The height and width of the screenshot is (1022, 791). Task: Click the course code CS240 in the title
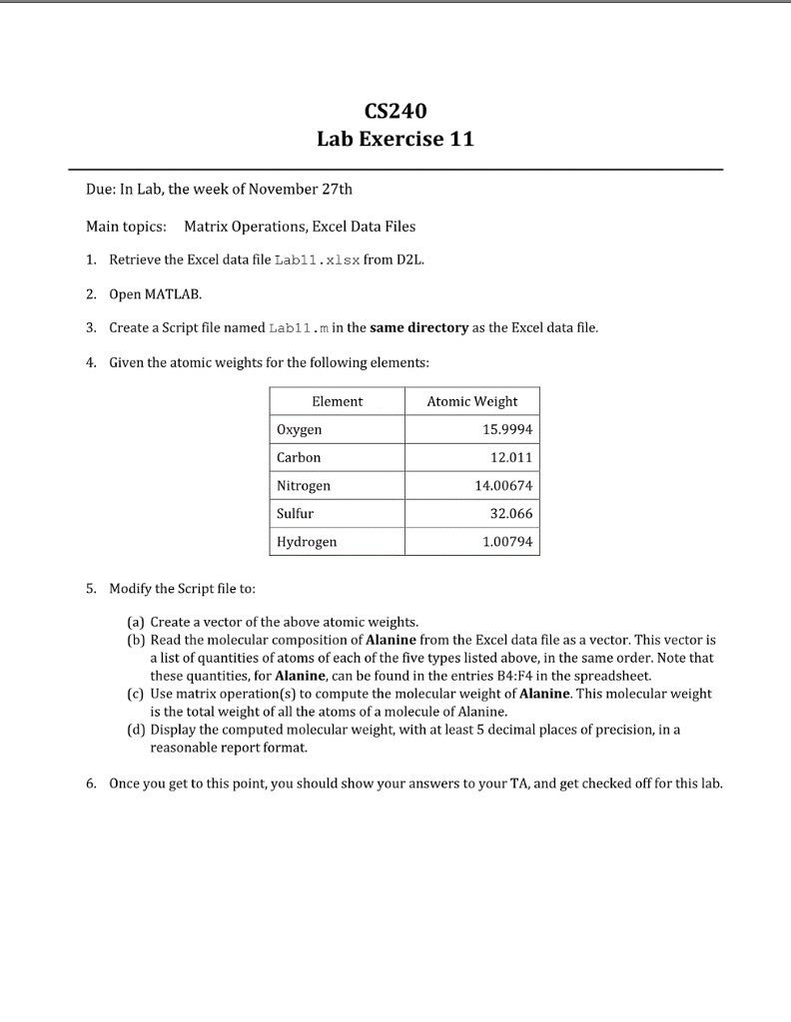coord(395,109)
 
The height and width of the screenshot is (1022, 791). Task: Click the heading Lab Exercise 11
coord(395,139)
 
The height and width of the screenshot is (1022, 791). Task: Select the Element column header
coord(338,401)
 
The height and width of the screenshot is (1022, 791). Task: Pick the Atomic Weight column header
coord(471,401)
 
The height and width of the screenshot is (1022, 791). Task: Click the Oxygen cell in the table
coord(300,430)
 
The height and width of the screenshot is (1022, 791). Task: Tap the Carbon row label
coord(299,458)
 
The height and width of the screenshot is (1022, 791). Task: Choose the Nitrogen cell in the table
coord(304,486)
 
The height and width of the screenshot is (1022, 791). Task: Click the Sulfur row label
coord(295,514)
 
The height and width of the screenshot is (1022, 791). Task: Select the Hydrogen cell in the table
coord(307,542)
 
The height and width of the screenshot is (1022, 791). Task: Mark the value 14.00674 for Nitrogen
coord(502,486)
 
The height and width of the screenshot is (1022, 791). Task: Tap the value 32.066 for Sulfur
coord(509,514)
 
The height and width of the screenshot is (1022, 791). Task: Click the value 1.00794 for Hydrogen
coord(506,542)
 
